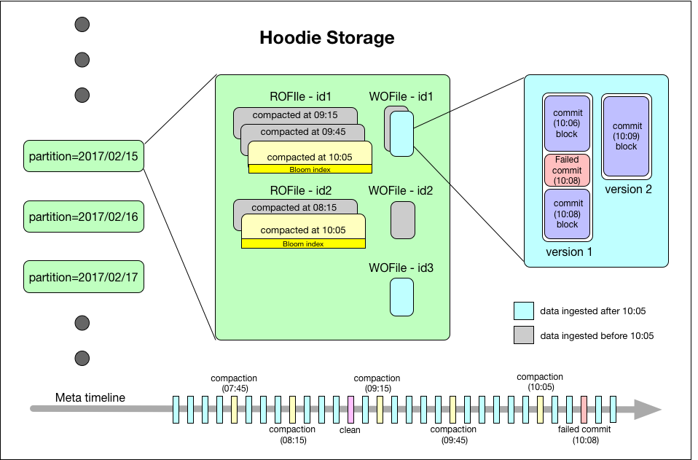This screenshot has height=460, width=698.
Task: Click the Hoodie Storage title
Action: (x=327, y=38)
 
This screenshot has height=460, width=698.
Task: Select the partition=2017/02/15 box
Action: (x=83, y=156)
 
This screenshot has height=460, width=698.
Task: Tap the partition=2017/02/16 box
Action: (x=83, y=217)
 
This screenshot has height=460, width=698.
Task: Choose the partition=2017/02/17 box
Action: (x=83, y=277)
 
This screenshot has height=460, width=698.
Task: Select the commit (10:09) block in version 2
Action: (x=626, y=136)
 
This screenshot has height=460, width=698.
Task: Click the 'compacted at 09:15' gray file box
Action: (x=295, y=114)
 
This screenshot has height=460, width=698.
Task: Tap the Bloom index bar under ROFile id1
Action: (x=310, y=170)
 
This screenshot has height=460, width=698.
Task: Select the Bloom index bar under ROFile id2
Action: (x=303, y=244)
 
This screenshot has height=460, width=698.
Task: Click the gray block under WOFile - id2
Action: (x=402, y=219)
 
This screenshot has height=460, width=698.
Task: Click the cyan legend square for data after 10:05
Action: (x=523, y=312)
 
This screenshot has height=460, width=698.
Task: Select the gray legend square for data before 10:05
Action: (x=523, y=337)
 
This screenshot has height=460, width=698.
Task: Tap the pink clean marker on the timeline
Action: (x=350, y=409)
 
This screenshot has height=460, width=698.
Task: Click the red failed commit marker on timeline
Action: (x=584, y=409)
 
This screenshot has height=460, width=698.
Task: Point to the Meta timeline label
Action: (x=90, y=397)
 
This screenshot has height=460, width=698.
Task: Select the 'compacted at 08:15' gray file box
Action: (x=295, y=207)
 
